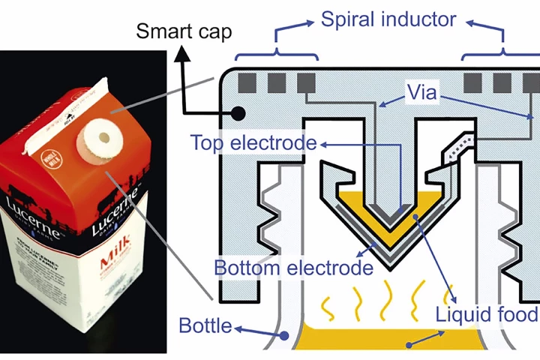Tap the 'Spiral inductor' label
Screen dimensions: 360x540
coord(388,19)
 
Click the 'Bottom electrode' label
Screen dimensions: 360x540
coord(293,267)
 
